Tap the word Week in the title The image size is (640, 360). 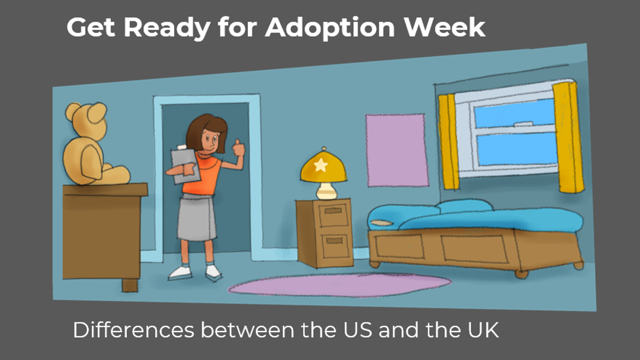point(445,27)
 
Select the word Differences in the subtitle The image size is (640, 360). point(134,330)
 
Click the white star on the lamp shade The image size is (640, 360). point(321,164)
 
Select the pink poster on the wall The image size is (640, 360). point(397,151)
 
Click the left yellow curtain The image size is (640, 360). point(448,142)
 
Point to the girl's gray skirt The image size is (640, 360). point(197,218)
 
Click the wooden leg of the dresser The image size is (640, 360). point(130,285)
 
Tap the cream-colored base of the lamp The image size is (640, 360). point(327,191)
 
